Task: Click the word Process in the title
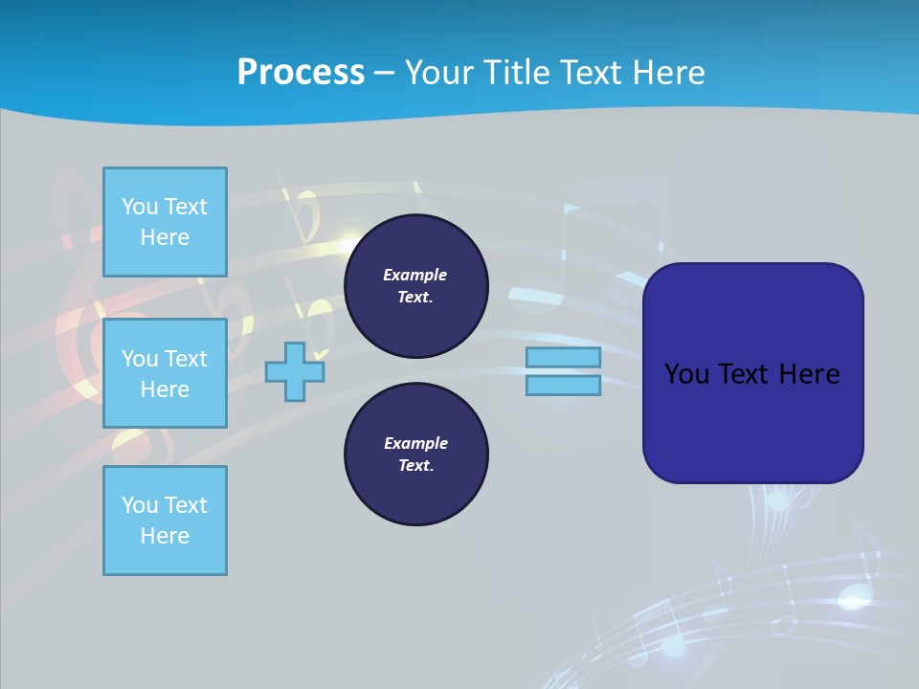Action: coord(301,72)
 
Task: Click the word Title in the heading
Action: coord(516,72)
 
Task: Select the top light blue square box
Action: coord(165,222)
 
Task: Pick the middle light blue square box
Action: coord(165,373)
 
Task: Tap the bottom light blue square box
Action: coord(165,521)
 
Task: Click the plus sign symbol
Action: coord(295,372)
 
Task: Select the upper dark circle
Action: coord(415,285)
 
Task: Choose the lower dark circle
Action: coord(415,454)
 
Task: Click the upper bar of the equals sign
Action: coord(563,358)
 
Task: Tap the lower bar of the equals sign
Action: coord(563,386)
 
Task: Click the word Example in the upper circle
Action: coord(415,275)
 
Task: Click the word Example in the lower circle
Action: coord(415,443)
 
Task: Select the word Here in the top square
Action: coord(165,237)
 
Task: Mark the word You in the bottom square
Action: coord(139,505)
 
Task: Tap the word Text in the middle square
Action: coord(185,359)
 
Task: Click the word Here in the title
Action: coord(664,72)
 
